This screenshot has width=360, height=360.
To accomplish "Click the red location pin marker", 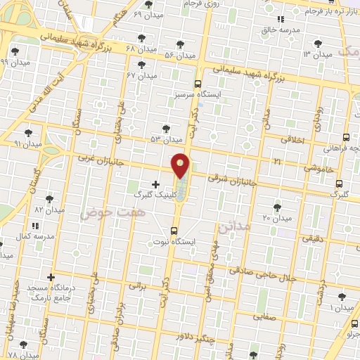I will click(181, 165).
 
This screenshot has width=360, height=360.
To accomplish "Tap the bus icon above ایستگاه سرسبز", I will click(198, 82).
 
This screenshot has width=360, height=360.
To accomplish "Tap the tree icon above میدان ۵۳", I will click(166, 128).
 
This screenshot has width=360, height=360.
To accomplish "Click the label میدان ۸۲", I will click(49, 210).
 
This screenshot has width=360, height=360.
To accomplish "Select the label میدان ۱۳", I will click(317, 54).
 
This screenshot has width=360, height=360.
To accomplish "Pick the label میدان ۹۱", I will click(28, 143).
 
